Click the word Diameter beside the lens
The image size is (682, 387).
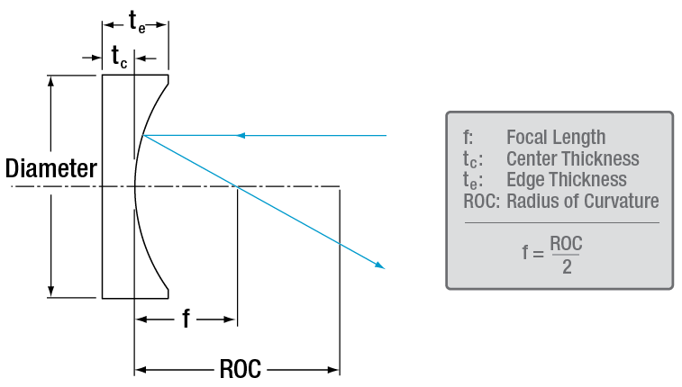pyautogui.click(x=50, y=168)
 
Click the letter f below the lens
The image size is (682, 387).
pyautogui.click(x=186, y=319)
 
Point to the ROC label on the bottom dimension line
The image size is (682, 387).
pyautogui.click(x=240, y=369)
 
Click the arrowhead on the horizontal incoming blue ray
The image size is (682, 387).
pyautogui.click(x=240, y=136)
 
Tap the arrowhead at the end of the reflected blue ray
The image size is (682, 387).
pyautogui.click(x=381, y=265)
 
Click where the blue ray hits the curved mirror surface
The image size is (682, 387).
pyautogui.click(x=142, y=136)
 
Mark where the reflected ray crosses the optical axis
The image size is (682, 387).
pyautogui.click(x=236, y=186)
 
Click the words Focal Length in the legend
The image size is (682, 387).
pyautogui.click(x=555, y=138)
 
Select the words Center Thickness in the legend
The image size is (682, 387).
pyautogui.click(x=572, y=159)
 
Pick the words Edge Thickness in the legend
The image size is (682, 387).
pyautogui.click(x=566, y=180)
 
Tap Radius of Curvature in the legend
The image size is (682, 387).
pyautogui.click(x=582, y=201)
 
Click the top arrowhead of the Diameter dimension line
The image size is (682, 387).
pyautogui.click(x=52, y=80)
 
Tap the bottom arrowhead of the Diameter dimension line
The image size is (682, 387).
pyautogui.click(x=52, y=291)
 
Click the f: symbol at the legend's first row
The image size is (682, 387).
pyautogui.click(x=467, y=138)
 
